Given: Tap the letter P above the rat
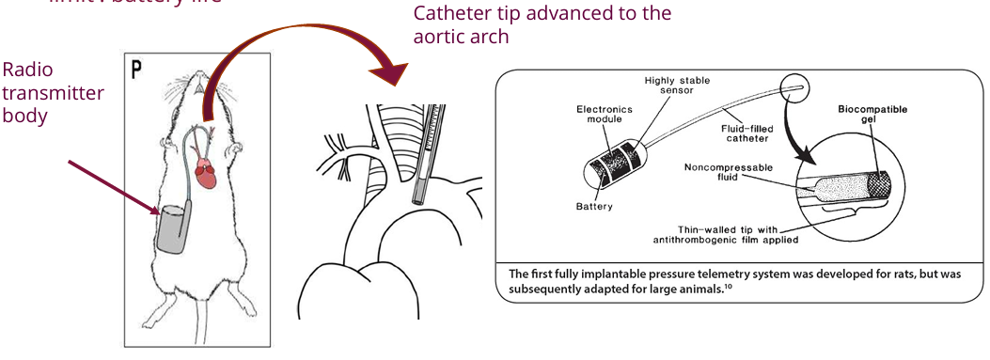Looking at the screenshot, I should coord(137,70).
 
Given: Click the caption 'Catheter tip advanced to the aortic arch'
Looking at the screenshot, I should coord(542,24).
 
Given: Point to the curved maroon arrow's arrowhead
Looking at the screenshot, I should coord(393,73).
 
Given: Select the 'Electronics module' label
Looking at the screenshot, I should coord(605,116).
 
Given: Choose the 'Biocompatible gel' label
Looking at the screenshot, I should coord(873,116).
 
